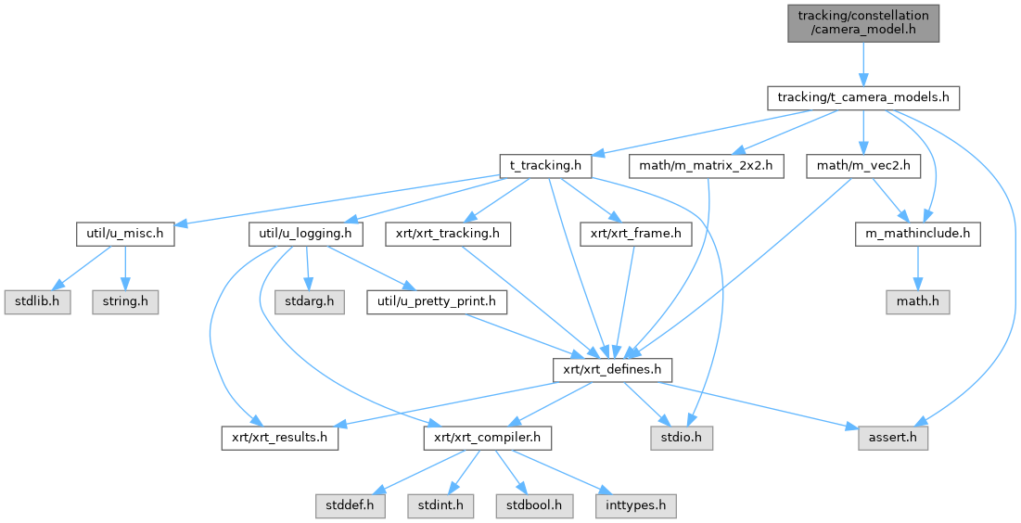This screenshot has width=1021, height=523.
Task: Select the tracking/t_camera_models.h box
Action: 862,98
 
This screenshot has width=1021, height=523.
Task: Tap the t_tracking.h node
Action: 545,166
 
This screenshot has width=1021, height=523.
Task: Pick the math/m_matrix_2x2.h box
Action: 707,166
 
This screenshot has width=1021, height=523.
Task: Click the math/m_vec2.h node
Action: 863,166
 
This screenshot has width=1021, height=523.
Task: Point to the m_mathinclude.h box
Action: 916,234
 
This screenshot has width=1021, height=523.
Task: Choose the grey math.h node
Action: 916,301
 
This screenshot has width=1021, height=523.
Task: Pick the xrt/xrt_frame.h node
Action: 635,234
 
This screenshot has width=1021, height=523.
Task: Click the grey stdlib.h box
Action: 37,301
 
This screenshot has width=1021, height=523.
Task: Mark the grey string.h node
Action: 124,301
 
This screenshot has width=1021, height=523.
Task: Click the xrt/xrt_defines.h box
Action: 612,369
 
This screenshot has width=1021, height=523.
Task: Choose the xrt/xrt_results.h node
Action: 280,437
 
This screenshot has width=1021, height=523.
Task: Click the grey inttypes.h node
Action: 634,505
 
